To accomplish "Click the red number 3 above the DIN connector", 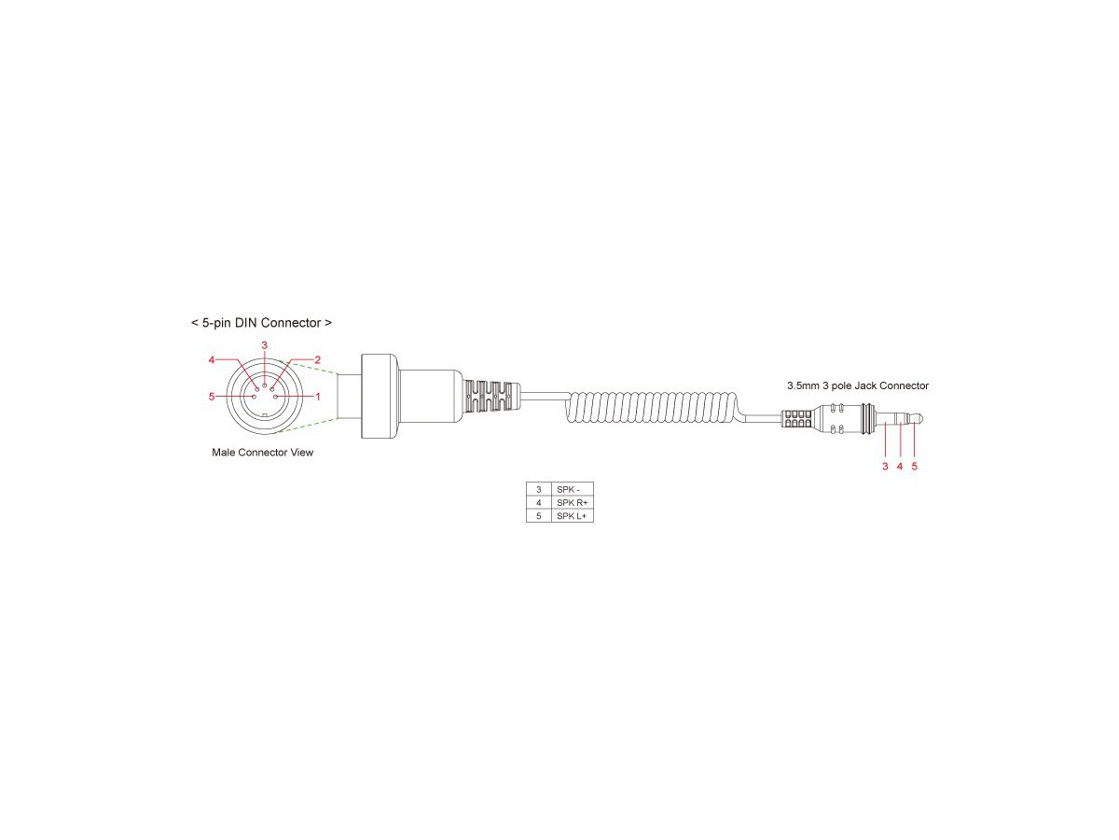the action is [x=264, y=345].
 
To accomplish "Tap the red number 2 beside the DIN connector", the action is [x=318, y=360].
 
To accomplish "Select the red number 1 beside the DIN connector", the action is [x=318, y=397].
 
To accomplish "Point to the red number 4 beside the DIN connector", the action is [x=212, y=360].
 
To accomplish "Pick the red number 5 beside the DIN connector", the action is [x=212, y=397].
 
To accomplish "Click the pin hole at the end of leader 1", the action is [x=275, y=397].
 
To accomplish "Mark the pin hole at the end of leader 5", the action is [x=254, y=397].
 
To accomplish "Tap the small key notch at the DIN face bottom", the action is [x=265, y=413].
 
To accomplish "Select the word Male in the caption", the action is [x=223, y=453].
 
